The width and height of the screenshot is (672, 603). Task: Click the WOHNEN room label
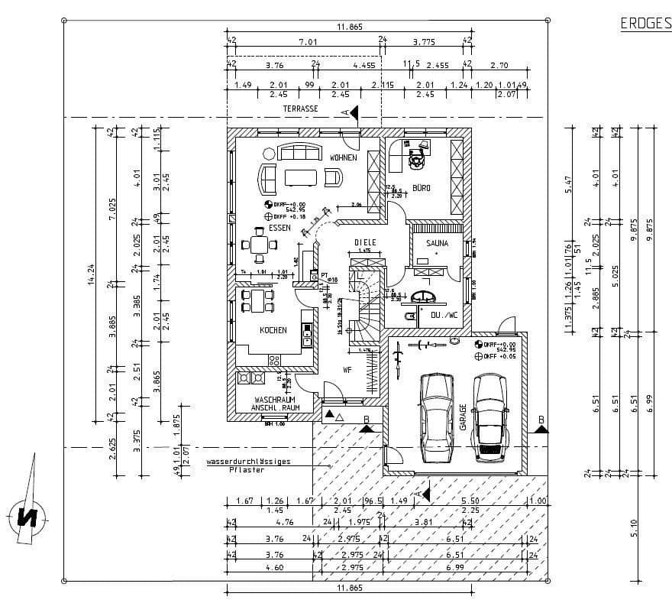[343, 157]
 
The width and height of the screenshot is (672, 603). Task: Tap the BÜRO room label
[421, 187]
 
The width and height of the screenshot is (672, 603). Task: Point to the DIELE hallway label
[366, 242]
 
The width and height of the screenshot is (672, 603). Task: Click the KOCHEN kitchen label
[273, 330]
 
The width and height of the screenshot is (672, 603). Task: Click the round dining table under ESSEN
[259, 245]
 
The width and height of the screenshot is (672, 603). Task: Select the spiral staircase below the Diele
[363, 310]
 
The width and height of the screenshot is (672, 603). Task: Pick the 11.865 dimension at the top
[349, 27]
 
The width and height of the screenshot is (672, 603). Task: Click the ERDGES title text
[645, 24]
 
